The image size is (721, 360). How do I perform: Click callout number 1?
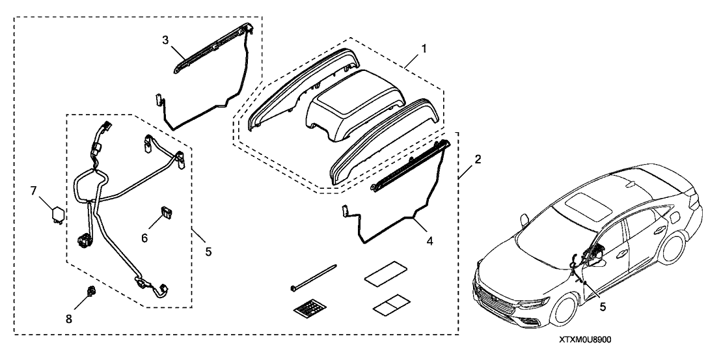click(424, 48)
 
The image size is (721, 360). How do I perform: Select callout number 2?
click(478, 159)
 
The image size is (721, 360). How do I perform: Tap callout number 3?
click(165, 40)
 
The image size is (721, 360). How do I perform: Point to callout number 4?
click(430, 240)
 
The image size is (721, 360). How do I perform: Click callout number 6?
click(144, 238)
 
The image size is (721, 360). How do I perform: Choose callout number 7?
click(34, 191)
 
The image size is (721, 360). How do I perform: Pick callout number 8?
click(69, 319)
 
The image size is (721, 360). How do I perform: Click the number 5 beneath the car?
click(603, 307)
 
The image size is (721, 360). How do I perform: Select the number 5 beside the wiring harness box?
click(208, 251)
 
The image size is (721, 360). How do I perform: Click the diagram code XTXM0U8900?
click(585, 339)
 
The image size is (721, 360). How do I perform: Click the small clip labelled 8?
click(91, 290)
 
